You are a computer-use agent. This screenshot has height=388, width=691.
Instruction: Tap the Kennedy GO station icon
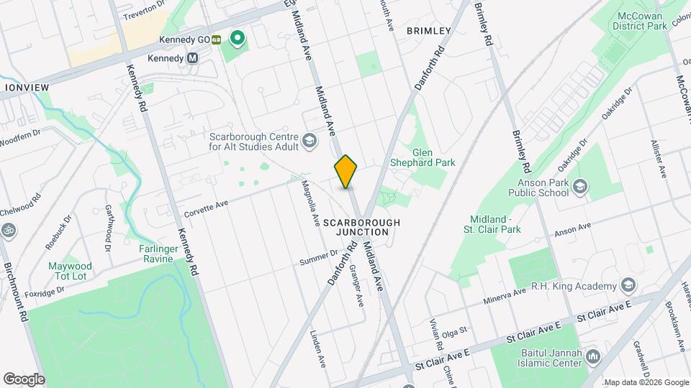(216, 40)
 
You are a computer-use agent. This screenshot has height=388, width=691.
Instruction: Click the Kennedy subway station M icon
(192, 58)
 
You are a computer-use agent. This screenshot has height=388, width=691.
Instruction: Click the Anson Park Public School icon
(581, 188)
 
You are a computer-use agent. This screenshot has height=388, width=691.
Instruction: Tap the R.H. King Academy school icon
(628, 287)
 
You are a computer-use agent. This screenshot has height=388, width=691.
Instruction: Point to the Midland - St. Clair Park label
(494, 224)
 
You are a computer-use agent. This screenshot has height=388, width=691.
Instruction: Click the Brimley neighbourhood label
(428, 31)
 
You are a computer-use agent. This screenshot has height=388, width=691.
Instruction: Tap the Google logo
(24, 379)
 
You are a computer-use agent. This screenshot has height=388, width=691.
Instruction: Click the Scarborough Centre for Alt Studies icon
(309, 141)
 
